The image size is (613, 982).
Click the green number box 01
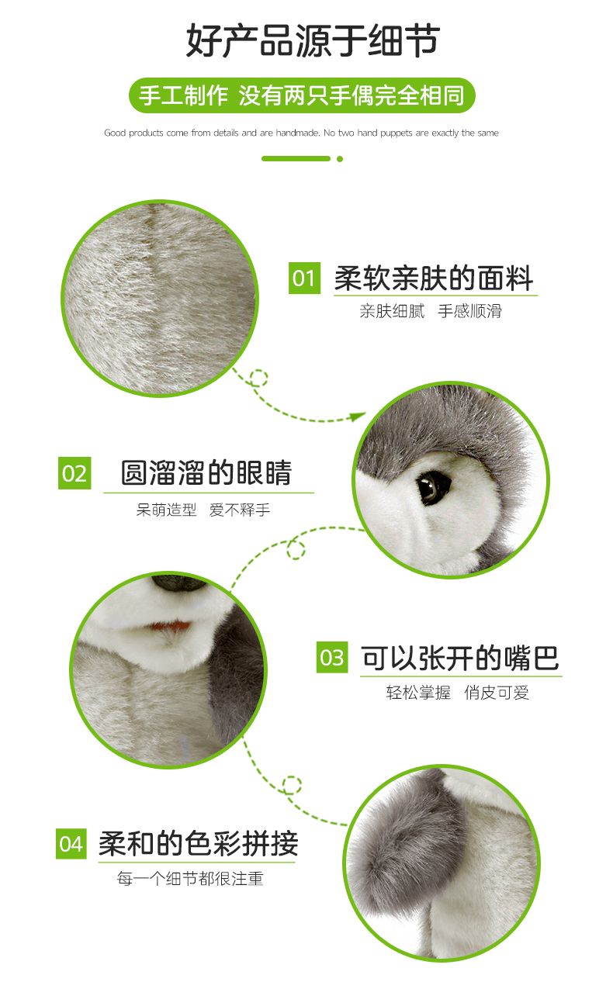[304, 278]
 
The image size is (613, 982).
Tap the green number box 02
[74, 473]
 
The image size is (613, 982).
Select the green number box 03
[332, 657]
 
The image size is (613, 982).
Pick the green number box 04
[71, 843]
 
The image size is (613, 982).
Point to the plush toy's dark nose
[178, 583]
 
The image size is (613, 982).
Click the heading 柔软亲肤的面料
[434, 278]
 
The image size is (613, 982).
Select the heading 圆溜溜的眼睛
[206, 472]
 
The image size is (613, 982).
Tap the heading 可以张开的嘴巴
[460, 658]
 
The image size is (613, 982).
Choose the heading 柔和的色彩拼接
[198, 843]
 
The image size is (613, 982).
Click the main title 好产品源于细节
[313, 40]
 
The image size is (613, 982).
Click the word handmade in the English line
[297, 133]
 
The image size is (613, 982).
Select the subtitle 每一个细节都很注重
[190, 879]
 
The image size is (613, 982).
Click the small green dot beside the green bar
[340, 159]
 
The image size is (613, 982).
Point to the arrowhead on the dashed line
[358, 416]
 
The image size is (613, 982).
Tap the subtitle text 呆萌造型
[166, 510]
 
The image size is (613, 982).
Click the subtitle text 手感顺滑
[469, 311]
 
